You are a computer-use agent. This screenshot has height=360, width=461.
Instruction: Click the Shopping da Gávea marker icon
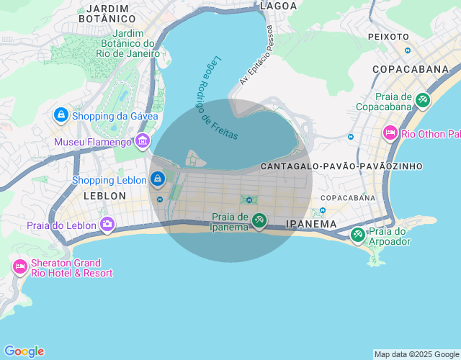(61, 115)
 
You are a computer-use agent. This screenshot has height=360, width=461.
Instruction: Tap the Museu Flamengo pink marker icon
(142, 141)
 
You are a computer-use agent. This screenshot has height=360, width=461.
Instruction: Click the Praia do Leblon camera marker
(107, 225)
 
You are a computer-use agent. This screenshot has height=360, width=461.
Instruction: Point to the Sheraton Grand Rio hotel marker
(19, 267)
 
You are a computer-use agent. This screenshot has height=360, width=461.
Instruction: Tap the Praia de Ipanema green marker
(259, 221)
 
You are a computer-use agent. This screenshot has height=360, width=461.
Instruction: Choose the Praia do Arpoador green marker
(358, 235)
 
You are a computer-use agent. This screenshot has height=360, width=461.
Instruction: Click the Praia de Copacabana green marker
(423, 101)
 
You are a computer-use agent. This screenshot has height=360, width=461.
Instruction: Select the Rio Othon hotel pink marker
(390, 133)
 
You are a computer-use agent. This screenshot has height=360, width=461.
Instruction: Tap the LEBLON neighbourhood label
(104, 196)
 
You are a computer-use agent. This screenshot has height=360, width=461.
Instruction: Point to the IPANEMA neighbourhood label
(311, 224)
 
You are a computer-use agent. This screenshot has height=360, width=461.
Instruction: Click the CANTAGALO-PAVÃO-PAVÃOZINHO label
(341, 166)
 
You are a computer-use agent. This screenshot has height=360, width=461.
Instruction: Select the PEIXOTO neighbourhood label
(388, 36)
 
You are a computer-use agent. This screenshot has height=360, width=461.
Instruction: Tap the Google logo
(24, 351)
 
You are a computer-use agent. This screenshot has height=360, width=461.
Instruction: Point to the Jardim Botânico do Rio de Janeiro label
(136, 43)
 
